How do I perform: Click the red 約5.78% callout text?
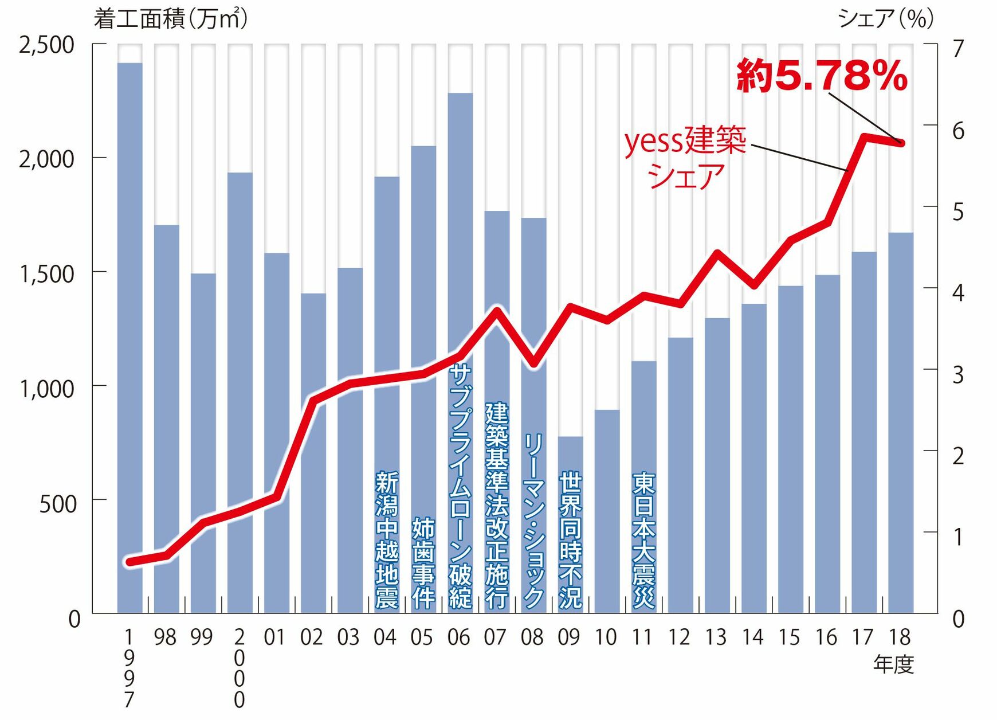point(822,76)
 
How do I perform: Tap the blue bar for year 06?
point(460,229)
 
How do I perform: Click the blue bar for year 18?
point(901,424)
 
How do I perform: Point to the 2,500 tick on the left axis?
point(47,45)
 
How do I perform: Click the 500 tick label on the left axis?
point(57,503)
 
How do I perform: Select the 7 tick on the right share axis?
point(958,49)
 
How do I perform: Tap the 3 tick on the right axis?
point(958,374)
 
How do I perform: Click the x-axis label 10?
point(606,637)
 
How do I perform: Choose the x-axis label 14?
point(752,637)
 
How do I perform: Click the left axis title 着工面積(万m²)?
point(171,19)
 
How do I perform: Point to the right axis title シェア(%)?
point(886,19)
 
